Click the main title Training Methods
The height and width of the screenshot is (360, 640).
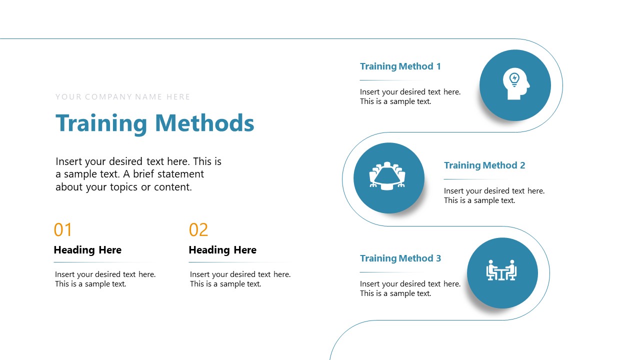coord(154,123)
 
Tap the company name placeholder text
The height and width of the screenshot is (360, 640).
coord(122,97)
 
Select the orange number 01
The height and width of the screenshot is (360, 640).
coord(63,230)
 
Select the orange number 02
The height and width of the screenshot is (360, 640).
coord(198,230)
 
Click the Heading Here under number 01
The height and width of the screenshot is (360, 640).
coord(87,250)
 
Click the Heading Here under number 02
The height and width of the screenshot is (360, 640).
coord(222,250)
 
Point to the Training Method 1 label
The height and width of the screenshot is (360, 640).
coord(400,66)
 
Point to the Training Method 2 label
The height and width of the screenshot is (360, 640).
coord(484,165)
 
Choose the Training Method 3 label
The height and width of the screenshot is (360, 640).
coord(400,258)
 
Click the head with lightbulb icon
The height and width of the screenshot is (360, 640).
coord(515,85)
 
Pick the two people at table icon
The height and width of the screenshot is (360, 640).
coord(501,270)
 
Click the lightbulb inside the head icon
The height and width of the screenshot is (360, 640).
coord(514,78)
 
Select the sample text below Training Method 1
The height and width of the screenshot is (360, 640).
coord(410,96)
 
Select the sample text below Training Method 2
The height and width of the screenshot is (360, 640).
coord(494,195)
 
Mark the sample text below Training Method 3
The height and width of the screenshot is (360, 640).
coord(410,288)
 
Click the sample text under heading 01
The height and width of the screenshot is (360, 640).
coord(105,279)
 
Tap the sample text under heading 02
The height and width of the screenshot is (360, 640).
coord(240,279)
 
